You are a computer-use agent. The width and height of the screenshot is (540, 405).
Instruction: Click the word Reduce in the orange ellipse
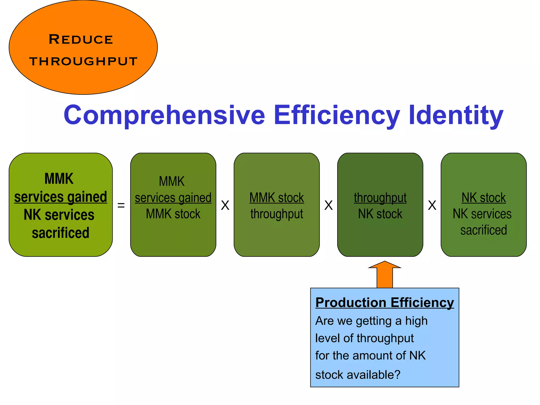tap(81, 40)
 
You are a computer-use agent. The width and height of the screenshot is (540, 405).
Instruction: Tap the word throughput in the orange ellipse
tap(83, 61)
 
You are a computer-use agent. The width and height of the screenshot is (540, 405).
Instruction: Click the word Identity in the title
tap(456, 115)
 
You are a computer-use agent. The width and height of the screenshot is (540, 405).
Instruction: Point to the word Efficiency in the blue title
tap(337, 115)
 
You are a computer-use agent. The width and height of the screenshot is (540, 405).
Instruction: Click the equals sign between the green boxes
tap(121, 205)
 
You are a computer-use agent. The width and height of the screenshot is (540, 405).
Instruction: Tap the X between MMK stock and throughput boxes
tap(329, 205)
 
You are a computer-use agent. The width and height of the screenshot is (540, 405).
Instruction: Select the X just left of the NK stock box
tap(432, 205)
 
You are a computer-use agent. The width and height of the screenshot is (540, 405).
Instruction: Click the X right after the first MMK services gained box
tap(225, 205)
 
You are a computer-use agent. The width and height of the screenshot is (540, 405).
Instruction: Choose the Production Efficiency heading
tap(384, 302)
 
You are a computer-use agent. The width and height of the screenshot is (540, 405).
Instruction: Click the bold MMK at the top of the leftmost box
tap(59, 179)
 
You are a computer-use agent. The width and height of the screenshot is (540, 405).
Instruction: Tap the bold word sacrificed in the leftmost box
tap(61, 233)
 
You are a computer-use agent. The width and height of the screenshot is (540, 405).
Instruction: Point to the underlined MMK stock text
tap(277, 197)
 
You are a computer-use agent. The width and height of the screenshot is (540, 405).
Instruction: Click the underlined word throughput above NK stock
tap(380, 197)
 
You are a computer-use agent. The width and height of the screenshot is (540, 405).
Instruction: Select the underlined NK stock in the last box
tap(484, 197)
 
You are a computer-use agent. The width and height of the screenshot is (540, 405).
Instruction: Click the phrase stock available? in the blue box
tap(358, 375)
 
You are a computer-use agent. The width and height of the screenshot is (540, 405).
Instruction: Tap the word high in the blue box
tap(416, 321)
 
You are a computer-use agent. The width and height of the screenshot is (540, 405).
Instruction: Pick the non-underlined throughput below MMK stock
tap(277, 214)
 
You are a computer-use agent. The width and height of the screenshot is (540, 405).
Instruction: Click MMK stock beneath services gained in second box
tap(173, 214)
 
